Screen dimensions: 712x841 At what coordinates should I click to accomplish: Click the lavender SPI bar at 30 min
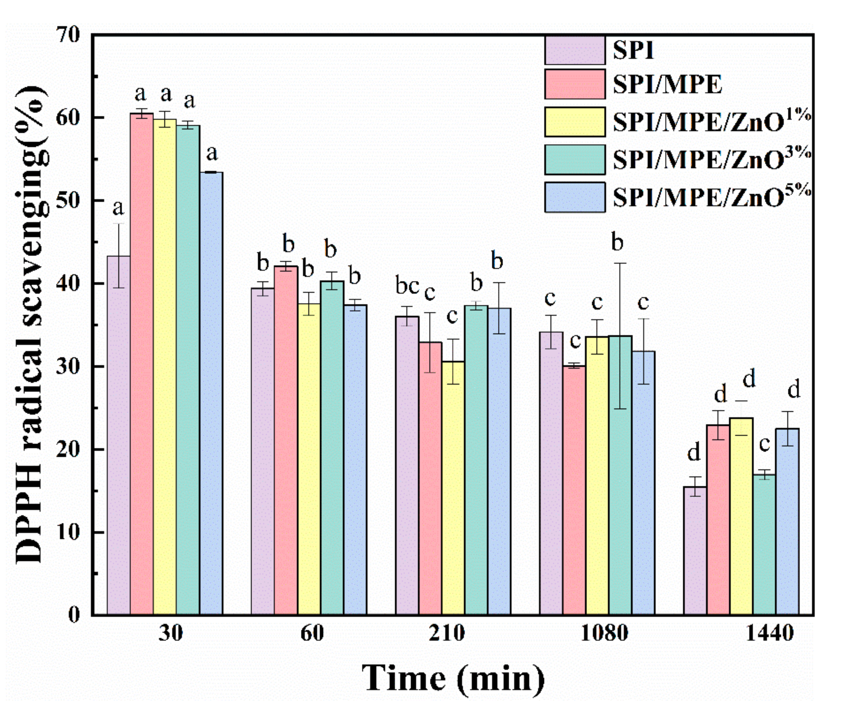tap(118, 436)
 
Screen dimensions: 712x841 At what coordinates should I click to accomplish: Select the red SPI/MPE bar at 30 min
tap(141, 363)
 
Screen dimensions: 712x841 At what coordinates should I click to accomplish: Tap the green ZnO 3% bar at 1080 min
tap(620, 476)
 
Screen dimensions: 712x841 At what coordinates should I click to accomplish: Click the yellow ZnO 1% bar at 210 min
tap(453, 488)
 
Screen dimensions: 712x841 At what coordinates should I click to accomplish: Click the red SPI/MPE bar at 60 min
tap(286, 440)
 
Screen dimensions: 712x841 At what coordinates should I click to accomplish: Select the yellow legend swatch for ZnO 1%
tap(574, 121)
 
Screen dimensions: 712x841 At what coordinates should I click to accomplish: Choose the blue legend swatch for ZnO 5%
tap(574, 197)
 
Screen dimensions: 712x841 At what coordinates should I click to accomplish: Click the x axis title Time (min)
tap(453, 678)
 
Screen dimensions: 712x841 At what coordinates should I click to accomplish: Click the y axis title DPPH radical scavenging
tap(30, 323)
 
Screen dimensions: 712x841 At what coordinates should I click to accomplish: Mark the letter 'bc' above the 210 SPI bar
tap(407, 286)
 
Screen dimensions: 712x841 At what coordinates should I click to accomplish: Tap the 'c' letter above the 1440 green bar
tap(764, 444)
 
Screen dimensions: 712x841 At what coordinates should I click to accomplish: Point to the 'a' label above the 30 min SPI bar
tap(118, 208)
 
